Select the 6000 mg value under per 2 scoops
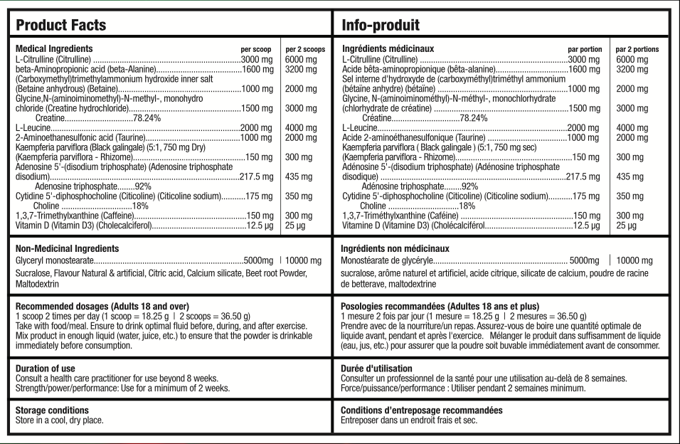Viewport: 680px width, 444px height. (301, 59)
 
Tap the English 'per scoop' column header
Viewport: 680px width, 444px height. (256, 49)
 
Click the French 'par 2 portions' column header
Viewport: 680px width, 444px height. (637, 49)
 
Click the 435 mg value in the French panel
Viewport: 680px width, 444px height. (627, 176)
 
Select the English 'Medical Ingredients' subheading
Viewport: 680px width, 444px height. (53, 48)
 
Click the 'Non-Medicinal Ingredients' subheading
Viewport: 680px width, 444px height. (68, 249)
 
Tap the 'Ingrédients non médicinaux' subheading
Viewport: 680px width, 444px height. (395, 249)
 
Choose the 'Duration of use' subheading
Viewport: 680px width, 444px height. (46, 368)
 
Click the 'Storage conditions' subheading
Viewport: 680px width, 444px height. (51, 411)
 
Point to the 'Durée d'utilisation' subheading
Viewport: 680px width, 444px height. (377, 368)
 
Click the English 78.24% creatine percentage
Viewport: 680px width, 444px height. (147, 117)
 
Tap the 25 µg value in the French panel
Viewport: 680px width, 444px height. (627, 226)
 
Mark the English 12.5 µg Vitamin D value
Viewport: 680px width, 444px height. (260, 226)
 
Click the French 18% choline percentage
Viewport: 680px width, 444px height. (467, 206)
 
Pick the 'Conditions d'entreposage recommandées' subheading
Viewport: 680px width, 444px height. (422, 411)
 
